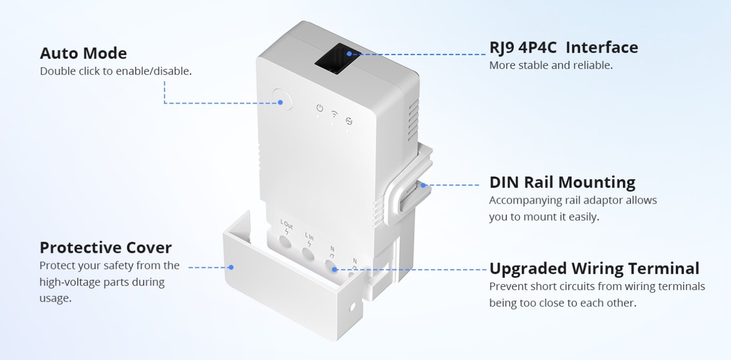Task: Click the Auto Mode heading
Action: (x=83, y=53)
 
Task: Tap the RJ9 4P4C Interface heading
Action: (x=564, y=47)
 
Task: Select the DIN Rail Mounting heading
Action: (x=562, y=182)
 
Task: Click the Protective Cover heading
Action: (x=106, y=248)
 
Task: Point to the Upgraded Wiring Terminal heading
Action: (x=594, y=269)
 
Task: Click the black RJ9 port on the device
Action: (x=336, y=59)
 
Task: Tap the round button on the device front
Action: (x=282, y=99)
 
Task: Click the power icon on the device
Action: (x=320, y=108)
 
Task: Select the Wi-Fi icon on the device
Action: (x=335, y=114)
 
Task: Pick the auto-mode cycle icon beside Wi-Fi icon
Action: (x=349, y=121)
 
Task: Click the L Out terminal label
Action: (x=287, y=224)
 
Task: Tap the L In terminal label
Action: (x=309, y=236)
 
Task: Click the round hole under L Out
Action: (x=285, y=242)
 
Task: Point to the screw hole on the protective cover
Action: (x=352, y=307)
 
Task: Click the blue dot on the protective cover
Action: (x=231, y=268)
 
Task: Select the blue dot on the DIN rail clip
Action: (x=423, y=185)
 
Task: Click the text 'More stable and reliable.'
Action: (x=551, y=65)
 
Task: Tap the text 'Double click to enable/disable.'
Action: (x=116, y=71)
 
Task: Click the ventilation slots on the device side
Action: (x=413, y=120)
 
